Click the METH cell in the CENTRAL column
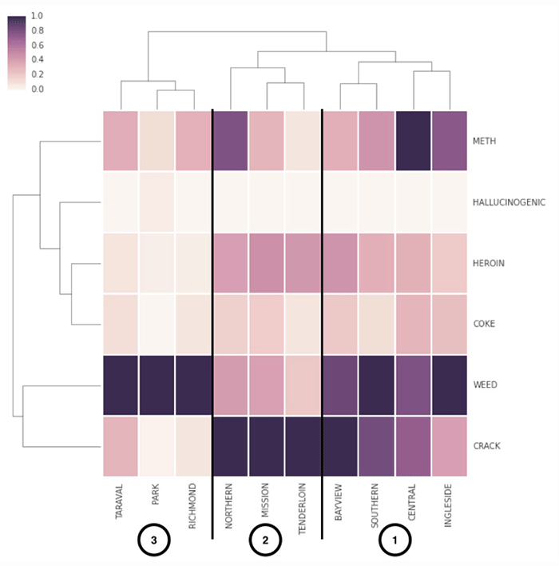pyautogui.click(x=413, y=140)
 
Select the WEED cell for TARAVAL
pyautogui.click(x=121, y=385)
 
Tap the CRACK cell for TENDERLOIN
pyautogui.click(x=303, y=445)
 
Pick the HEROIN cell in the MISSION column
pyautogui.click(x=267, y=262)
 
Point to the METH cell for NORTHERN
pyautogui.click(x=230, y=140)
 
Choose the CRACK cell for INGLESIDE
pyautogui.click(x=450, y=445)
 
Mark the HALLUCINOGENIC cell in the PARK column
pyautogui.click(x=157, y=201)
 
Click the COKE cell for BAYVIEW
pyautogui.click(x=340, y=323)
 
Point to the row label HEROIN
pyautogui.click(x=488, y=262)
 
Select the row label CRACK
pyautogui.click(x=486, y=445)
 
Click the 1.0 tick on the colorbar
pyautogui.click(x=38, y=16)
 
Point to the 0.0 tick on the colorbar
pyautogui.click(x=38, y=89)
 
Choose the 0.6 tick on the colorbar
pyautogui.click(x=38, y=45)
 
